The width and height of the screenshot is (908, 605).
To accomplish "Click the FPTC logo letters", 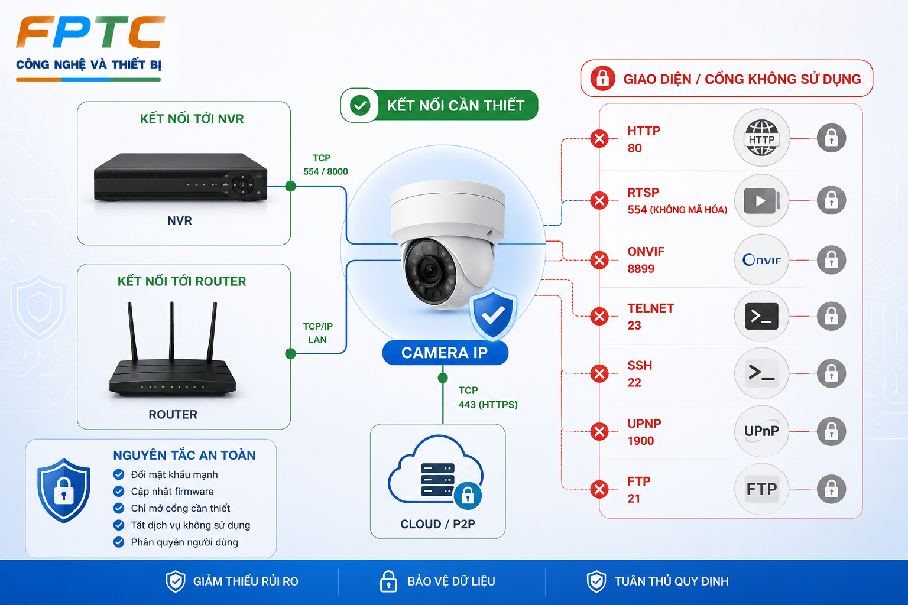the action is pos(90,32).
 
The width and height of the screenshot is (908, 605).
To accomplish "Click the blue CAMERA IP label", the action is pos(445,353).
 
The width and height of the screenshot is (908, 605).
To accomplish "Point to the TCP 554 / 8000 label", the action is pos(325,164).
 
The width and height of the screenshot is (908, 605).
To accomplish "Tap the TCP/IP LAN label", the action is pos(318,333).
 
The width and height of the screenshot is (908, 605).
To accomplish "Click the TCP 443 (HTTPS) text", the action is pos(488,397).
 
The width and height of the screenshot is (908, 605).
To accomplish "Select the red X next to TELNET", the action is pos(599,316).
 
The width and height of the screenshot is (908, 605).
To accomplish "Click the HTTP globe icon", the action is pos(761,138).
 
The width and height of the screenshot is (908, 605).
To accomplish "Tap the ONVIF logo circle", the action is pos(761,260).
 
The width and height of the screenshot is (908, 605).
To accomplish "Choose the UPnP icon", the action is pos(761,431).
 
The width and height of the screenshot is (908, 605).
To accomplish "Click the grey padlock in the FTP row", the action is pos(831,489).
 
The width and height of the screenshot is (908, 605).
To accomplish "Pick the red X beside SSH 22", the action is pos(599,373).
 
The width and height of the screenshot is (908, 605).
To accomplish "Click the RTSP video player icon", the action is pos(761,201).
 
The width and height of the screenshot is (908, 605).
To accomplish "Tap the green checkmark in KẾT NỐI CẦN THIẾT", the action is pos(360,105).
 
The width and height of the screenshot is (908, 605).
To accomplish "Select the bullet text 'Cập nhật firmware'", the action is pos(172,492).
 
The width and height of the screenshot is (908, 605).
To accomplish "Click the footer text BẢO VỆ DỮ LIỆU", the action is pos(451,581).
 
